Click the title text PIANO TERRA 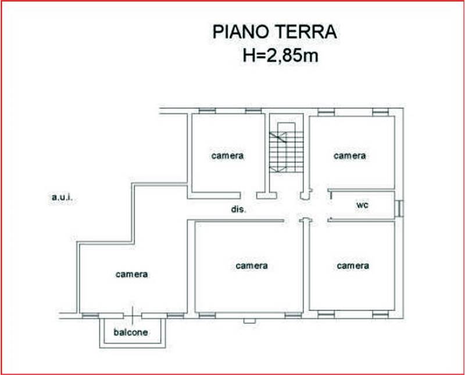pos(274,32)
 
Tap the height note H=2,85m pos(280,55)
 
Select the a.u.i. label pos(62,197)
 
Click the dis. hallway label pos(239,209)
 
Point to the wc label pos(362,205)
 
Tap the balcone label pos(131,332)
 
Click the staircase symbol pos(286,148)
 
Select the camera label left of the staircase pos(227,156)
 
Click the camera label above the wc pos(350,156)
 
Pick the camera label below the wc pos(353,266)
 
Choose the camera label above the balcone pos(132,274)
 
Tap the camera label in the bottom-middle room pos(252,266)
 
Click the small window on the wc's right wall pos(399,209)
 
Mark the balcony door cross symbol pos(133,315)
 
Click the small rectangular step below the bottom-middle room pos(249,321)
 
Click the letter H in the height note pos(249,55)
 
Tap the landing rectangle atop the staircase pos(287,127)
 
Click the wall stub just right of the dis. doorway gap pos(267,195)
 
